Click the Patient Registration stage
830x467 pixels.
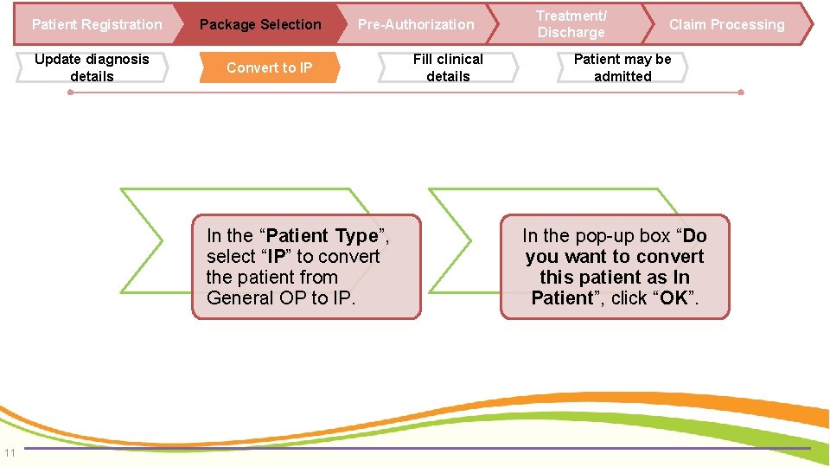tap(96, 24)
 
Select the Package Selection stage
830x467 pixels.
tap(259, 24)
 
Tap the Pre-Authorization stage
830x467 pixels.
tap(416, 24)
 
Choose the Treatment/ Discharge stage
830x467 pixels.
tap(571, 24)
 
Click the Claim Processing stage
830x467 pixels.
tap(726, 24)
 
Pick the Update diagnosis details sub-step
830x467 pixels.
tap(92, 67)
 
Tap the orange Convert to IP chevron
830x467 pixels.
tap(269, 67)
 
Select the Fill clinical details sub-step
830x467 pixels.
tap(448, 67)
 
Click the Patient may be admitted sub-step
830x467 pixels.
tap(622, 67)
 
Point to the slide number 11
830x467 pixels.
tap(10, 451)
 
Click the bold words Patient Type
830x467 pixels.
tap(322, 236)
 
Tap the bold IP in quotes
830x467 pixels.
tap(277, 257)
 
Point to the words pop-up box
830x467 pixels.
tap(617, 236)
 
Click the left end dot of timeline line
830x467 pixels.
tap(70, 92)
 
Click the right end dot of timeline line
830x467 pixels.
tap(741, 92)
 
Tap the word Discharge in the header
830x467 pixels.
tap(571, 33)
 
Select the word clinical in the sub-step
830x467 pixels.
tap(463, 60)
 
